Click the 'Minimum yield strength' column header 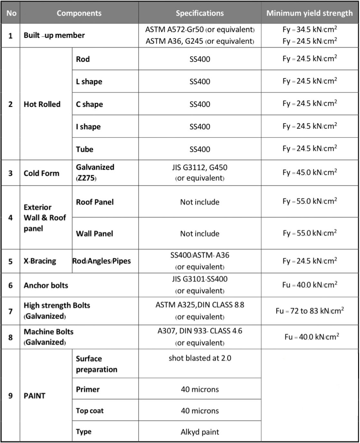pyautogui.click(x=309, y=13)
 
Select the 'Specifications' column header pyautogui.click(x=200, y=13)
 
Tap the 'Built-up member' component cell pyautogui.click(x=54, y=35)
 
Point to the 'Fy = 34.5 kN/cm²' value pyautogui.click(x=310, y=30)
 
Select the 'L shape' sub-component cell pyautogui.click(x=89, y=81)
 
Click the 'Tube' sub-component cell pyautogui.click(x=84, y=149)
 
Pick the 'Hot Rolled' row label pyautogui.click(x=42, y=104)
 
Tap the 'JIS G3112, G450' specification pyautogui.click(x=200, y=167)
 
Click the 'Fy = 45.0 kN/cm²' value pyautogui.click(x=310, y=172)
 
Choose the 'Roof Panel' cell pyautogui.click(x=95, y=202)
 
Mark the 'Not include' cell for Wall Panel pyautogui.click(x=200, y=233)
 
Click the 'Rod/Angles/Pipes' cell pyautogui.click(x=101, y=261)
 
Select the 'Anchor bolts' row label pyautogui.click(x=46, y=285)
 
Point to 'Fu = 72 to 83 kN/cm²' pyautogui.click(x=310, y=311)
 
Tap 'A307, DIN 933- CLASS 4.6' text pyautogui.click(x=200, y=331)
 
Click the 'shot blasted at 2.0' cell pyautogui.click(x=200, y=358)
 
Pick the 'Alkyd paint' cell pyautogui.click(x=200, y=432)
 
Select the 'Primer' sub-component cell pyautogui.click(x=88, y=389)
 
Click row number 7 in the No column pyautogui.click(x=10, y=311)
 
